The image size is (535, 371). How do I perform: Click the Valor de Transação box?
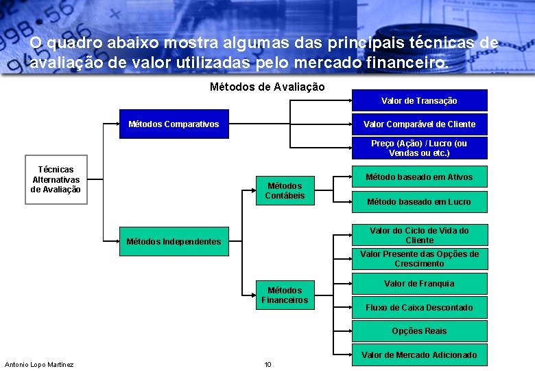coord(419,101)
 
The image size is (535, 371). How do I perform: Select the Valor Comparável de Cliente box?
coord(419,124)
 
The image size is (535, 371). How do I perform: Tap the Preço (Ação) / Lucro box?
coord(419,148)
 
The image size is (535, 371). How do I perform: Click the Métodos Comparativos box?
coord(174,124)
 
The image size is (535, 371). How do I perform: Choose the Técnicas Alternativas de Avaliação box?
coord(56,180)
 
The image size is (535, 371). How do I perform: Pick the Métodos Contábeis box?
coord(285,191)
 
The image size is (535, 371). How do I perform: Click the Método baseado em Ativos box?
coord(419,177)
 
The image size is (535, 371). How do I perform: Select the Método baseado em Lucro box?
coord(419,202)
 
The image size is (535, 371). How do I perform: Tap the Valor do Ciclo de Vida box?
coord(419,236)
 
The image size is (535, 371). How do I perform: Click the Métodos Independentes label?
coord(174,241)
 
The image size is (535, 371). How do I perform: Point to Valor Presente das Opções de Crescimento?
coord(419,259)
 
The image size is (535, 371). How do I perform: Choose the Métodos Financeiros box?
coord(285,295)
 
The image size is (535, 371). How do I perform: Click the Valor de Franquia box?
coord(419,284)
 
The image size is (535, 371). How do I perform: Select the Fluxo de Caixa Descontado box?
coord(419,308)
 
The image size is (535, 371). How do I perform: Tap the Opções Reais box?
coord(419,331)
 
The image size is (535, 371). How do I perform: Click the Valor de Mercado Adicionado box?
coord(419,355)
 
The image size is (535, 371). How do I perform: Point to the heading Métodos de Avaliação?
coord(267,87)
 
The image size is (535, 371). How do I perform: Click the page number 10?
coord(268,364)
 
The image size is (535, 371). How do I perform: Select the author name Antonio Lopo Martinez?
coord(39,364)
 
